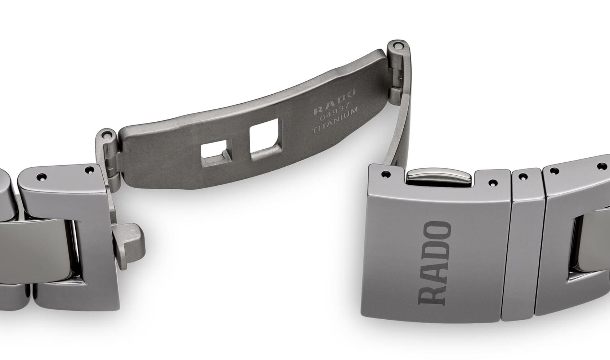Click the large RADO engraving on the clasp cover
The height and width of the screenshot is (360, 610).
tap(435, 263)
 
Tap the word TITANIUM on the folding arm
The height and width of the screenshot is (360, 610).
tap(335, 120)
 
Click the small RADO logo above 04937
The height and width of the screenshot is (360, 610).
tap(335, 102)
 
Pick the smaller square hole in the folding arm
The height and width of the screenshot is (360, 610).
tap(216, 153)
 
